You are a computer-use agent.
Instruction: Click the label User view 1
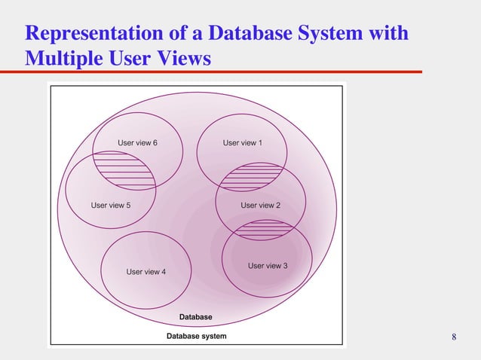click(x=242, y=142)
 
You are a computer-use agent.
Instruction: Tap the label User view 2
click(x=260, y=205)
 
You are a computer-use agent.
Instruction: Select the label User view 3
click(x=268, y=266)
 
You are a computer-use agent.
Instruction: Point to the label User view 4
click(x=146, y=272)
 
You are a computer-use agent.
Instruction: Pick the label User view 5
click(x=111, y=205)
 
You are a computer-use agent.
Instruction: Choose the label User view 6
click(x=137, y=142)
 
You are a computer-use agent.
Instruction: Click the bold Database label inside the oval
click(x=195, y=317)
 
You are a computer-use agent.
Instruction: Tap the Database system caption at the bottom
click(x=196, y=336)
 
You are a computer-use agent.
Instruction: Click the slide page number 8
click(x=454, y=337)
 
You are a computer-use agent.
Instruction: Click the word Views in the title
click(x=183, y=57)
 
